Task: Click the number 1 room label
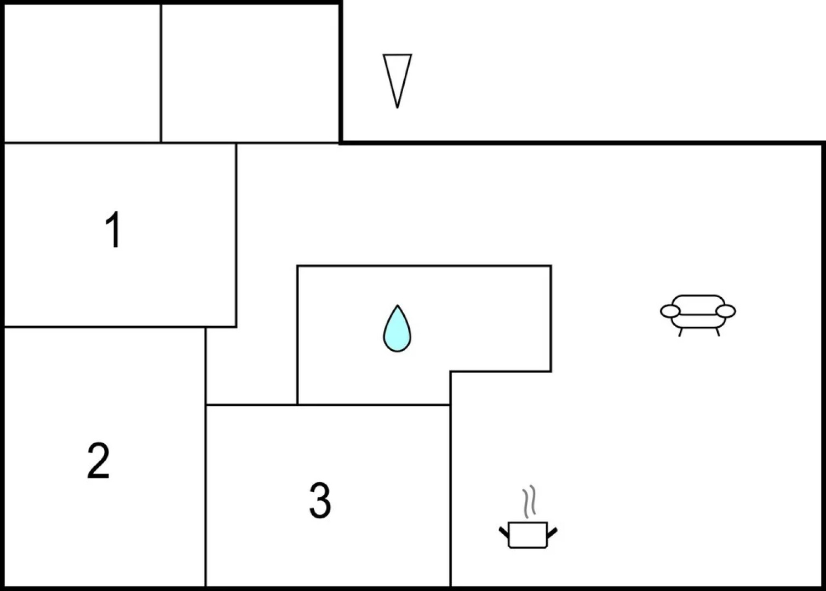coord(113,230)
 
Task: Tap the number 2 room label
coord(99,461)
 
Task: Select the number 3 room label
coord(320,500)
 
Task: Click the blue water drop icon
coord(397,329)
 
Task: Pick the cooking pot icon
coord(528,534)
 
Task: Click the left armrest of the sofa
coord(670,311)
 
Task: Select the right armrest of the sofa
coord(726,311)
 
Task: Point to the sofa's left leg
coord(680,332)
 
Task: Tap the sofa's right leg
coord(717,332)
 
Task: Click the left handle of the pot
coord(504,531)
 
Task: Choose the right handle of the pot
coord(552,531)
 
